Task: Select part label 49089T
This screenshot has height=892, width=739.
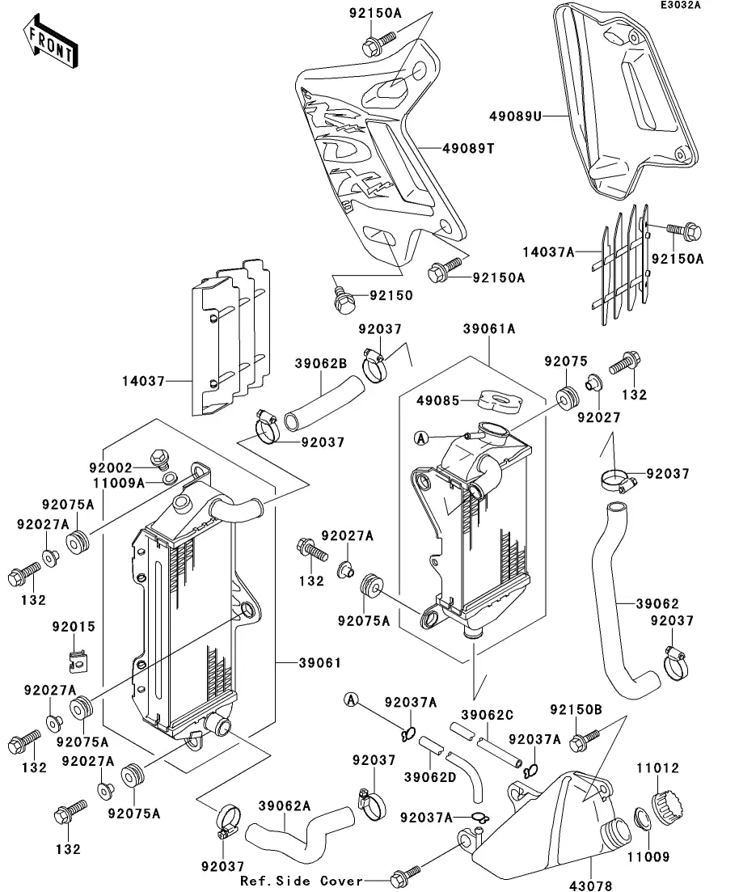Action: pyautogui.click(x=468, y=148)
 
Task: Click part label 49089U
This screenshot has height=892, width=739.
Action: pyautogui.click(x=514, y=116)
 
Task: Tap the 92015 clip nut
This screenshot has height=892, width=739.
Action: pyautogui.click(x=78, y=662)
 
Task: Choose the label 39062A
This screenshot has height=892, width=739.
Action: pyautogui.click(x=285, y=805)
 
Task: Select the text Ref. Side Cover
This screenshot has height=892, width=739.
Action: pyautogui.click(x=302, y=881)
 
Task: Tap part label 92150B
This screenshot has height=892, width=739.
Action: pyautogui.click(x=576, y=709)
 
